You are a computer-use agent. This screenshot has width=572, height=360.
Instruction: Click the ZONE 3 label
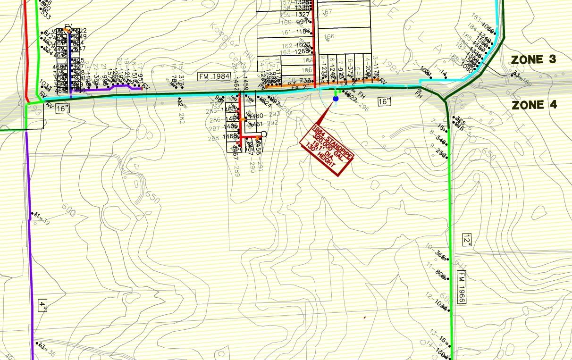point(534,59)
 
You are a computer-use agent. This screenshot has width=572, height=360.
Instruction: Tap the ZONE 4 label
point(534,105)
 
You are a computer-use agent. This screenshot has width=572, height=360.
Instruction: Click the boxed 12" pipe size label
point(467,241)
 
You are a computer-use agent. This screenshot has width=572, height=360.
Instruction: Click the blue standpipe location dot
point(336,99)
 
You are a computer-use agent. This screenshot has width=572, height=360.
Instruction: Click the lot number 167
point(328,12)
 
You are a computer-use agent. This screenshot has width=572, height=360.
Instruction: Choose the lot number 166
point(329,36)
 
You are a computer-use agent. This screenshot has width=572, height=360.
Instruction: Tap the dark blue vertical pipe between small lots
point(71,61)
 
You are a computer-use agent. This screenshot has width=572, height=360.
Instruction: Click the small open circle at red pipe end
point(264,134)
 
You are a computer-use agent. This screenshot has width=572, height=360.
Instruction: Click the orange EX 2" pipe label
point(298,87)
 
